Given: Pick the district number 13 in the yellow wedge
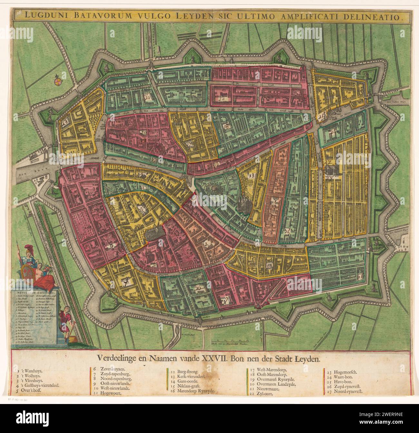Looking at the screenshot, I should pos(251,175).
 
